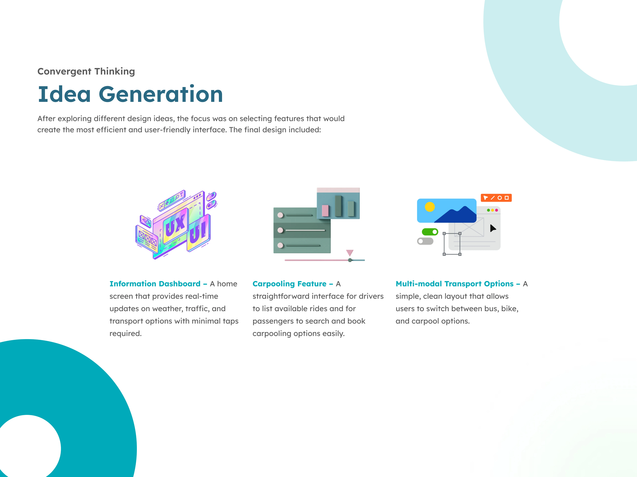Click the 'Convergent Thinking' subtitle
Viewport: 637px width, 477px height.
coord(86,71)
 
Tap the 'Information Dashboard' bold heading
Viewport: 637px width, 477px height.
coord(155,284)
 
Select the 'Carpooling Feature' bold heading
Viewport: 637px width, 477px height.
coord(289,284)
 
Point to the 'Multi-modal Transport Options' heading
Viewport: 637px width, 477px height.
coord(454,284)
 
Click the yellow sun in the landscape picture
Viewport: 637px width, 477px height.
coord(430,207)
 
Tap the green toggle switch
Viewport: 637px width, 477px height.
coord(430,232)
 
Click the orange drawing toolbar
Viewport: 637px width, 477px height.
coord(496,198)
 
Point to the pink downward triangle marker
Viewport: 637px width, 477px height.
coord(350,253)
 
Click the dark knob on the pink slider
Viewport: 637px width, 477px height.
coord(350,260)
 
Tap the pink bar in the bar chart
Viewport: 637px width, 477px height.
coord(325,210)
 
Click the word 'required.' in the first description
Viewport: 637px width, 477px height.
coord(126,334)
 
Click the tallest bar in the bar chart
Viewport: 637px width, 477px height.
coord(338,206)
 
